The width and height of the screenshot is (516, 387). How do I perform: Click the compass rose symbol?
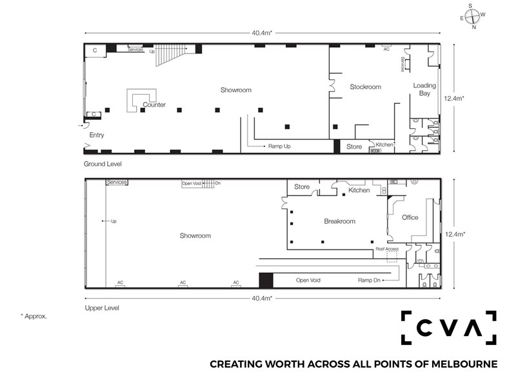(473, 16)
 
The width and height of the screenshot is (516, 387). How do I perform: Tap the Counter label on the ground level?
(154, 104)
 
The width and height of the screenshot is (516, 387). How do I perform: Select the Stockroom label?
(365, 87)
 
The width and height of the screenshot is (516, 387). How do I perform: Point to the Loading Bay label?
(424, 89)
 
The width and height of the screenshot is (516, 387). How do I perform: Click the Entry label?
(96, 135)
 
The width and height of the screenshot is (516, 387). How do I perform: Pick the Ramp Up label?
(279, 146)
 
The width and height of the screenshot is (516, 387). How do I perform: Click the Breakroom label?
(340, 221)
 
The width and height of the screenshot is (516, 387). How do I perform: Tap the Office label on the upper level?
(410, 217)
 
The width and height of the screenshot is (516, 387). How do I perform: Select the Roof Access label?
(387, 249)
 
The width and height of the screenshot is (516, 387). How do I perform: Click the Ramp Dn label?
(369, 280)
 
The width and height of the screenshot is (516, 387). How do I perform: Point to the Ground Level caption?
(103, 164)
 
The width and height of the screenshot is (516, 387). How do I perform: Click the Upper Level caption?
(102, 308)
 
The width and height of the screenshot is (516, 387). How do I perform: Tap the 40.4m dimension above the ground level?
(262, 33)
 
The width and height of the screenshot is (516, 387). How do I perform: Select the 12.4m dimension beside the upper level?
(455, 234)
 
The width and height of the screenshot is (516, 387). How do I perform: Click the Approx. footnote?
(34, 316)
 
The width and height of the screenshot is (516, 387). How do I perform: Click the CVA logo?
(448, 328)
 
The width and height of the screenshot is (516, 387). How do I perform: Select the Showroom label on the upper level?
(195, 235)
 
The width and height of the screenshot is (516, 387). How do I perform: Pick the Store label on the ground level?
(354, 147)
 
